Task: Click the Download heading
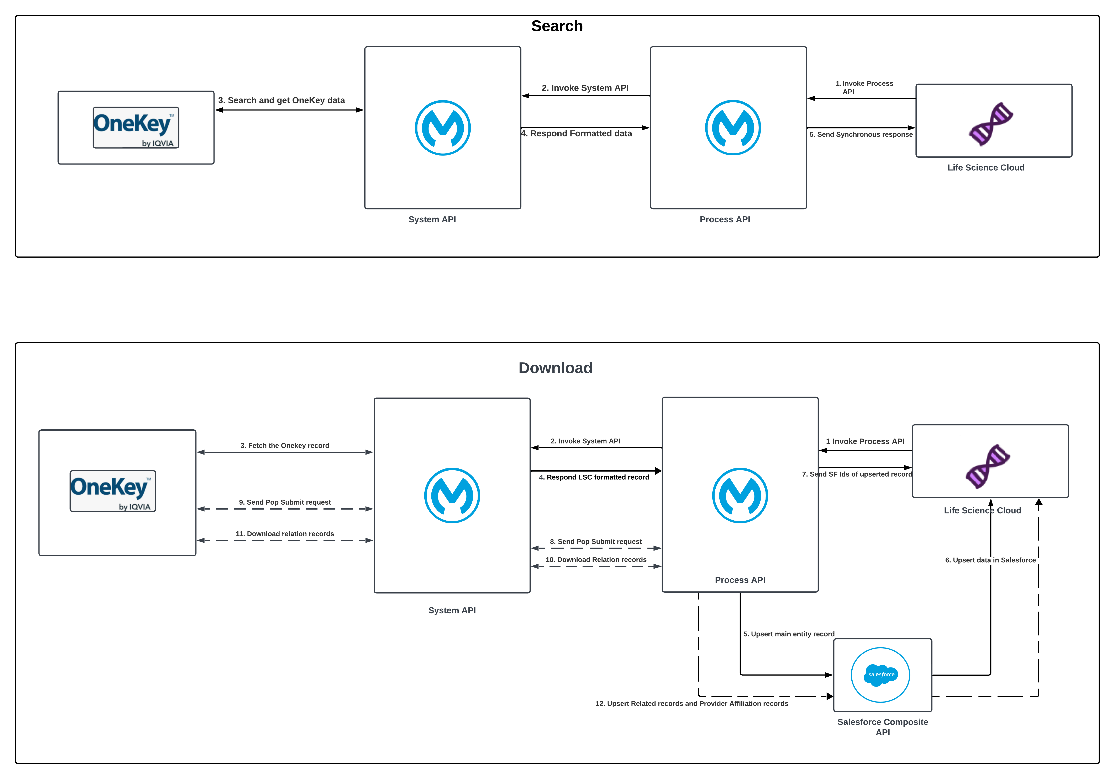coord(555,368)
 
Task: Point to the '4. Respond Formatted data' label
coord(577,134)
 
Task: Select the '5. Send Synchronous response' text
coord(861,134)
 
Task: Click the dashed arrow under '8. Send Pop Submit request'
coord(596,548)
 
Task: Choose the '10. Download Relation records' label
coord(596,560)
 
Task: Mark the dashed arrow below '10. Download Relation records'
coord(596,566)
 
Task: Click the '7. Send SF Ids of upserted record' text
coord(857,474)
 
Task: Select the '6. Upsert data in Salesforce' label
coord(990,560)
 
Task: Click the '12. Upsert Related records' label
coord(691,704)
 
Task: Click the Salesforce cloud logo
coord(880,675)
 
